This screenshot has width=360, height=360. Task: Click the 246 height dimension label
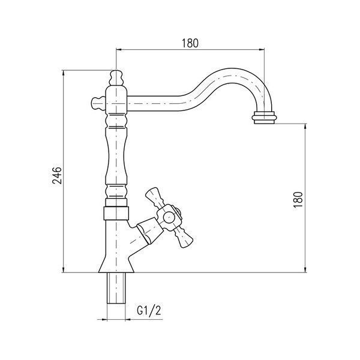[57, 175]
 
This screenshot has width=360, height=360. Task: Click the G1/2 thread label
[149, 311]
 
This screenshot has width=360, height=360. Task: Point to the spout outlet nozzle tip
[264, 118]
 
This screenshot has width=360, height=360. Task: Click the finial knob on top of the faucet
[116, 77]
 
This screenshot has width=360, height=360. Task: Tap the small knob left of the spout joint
[98, 104]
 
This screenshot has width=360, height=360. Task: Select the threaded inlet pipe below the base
[116, 288]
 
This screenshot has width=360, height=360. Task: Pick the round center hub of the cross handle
[169, 217]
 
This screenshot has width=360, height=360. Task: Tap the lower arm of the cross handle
[184, 239]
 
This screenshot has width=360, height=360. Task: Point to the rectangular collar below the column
[116, 213]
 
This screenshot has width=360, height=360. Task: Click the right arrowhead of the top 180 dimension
[262, 49]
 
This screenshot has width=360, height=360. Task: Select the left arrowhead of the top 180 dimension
[119, 49]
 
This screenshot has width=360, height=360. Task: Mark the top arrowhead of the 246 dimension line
[64, 73]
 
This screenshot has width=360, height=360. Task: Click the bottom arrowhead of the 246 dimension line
[64, 270]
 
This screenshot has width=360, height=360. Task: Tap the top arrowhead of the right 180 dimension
[305, 127]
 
